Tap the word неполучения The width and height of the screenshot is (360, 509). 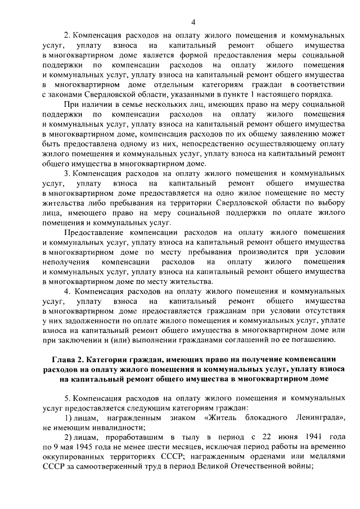[66, 262]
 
